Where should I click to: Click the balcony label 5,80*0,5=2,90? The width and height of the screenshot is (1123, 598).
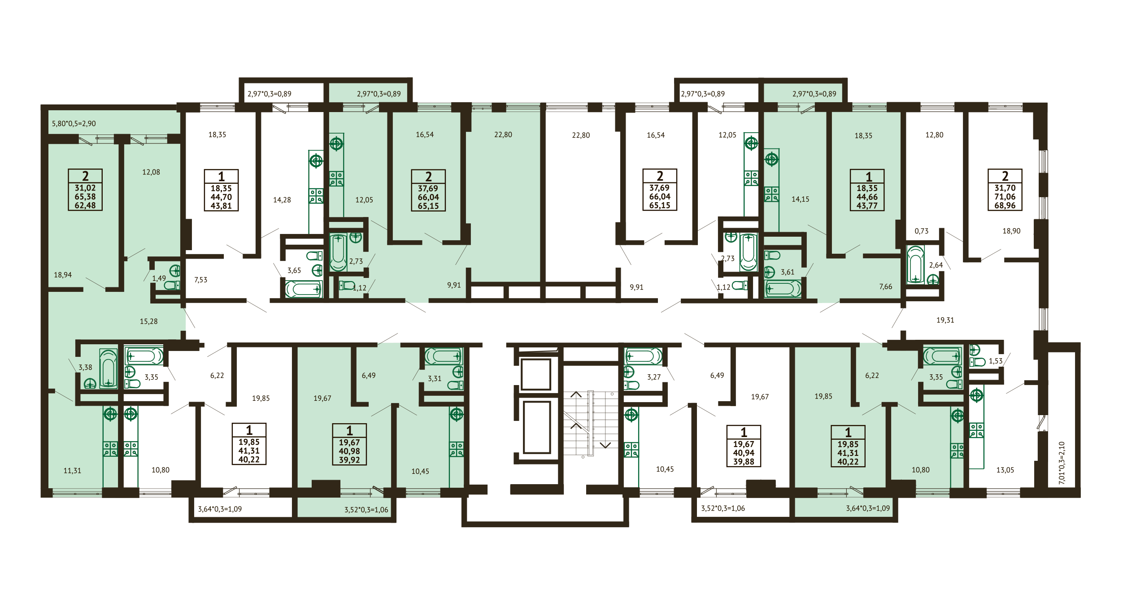pyautogui.click(x=74, y=124)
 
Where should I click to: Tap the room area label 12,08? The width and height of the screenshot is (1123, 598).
pyautogui.click(x=151, y=172)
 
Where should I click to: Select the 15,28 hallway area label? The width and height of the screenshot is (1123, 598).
pyautogui.click(x=149, y=321)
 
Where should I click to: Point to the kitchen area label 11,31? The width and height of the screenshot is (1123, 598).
pyautogui.click(x=72, y=471)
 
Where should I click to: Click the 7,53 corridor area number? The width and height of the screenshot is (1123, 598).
pyautogui.click(x=201, y=280)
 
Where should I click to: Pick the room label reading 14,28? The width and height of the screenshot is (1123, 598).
pyautogui.click(x=282, y=200)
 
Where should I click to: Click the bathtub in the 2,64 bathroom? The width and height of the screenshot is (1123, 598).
pyautogui.click(x=915, y=264)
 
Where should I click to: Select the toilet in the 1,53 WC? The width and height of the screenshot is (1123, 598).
pyautogui.click(x=977, y=362)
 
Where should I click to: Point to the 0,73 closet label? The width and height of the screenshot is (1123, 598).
pyautogui.click(x=922, y=231)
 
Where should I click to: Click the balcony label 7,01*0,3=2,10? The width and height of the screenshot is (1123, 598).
pyautogui.click(x=1062, y=463)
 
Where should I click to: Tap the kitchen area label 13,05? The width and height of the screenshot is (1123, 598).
pyautogui.click(x=1005, y=470)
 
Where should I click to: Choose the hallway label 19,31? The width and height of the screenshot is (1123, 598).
pyautogui.click(x=945, y=320)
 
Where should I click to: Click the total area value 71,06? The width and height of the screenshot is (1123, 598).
pyautogui.click(x=1005, y=197)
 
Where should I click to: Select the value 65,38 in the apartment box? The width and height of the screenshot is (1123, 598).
pyautogui.click(x=85, y=197)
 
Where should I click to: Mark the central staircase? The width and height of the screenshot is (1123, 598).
pyautogui.click(x=591, y=423)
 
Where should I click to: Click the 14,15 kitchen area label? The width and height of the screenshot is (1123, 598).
pyautogui.click(x=801, y=199)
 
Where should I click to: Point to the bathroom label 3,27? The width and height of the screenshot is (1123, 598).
pyautogui.click(x=654, y=377)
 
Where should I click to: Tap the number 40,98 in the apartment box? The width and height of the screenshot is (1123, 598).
pyautogui.click(x=349, y=451)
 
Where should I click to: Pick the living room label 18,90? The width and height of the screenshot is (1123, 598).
pyautogui.click(x=1011, y=231)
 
